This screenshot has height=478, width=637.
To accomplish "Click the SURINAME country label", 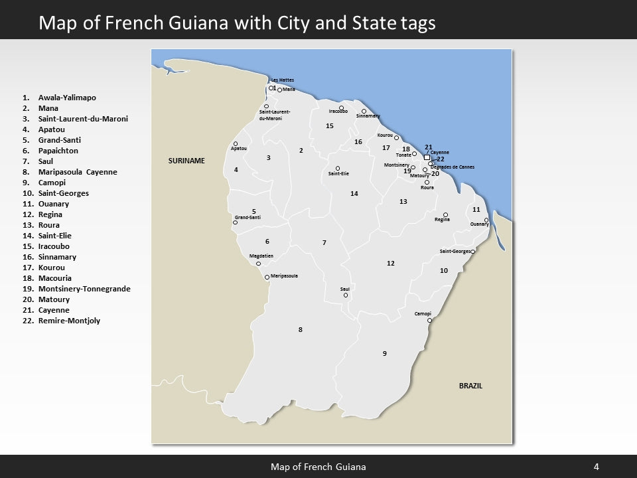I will point(186,161).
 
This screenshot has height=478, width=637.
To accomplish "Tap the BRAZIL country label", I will point(470,386).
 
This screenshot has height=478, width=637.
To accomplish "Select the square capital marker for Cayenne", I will point(427,157).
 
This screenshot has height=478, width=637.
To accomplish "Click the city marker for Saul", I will point(346,295).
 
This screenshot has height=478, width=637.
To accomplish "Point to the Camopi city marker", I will point(430,320).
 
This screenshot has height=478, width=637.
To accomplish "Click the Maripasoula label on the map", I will point(285,276).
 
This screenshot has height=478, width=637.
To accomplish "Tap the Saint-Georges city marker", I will point(473,252).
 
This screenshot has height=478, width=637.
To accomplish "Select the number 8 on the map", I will point(300,330).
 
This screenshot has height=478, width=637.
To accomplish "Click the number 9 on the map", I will point(384,353).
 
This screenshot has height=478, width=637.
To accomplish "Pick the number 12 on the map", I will point(391,264).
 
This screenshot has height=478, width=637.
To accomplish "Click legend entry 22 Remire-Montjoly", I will point(69,321).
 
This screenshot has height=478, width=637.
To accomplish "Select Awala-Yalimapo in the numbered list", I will point(67,98).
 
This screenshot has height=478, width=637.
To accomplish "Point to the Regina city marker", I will point(445,214).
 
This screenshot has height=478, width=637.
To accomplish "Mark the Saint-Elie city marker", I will point(338,168).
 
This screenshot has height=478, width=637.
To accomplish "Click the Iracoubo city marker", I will point(341,108).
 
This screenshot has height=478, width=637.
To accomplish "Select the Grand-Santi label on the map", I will point(248,218).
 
